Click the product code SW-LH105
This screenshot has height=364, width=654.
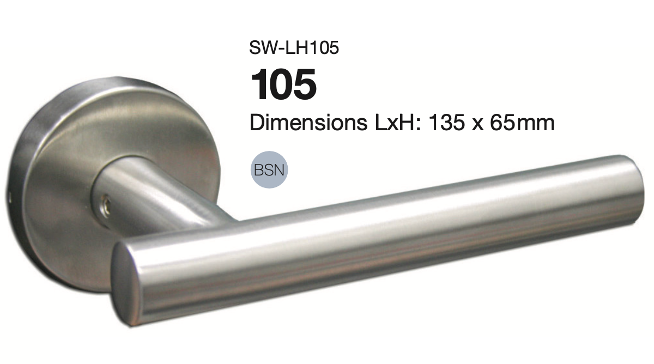coord(294,47)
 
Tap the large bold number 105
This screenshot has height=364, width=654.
coord(283,84)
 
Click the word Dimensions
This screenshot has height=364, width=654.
coord(308,123)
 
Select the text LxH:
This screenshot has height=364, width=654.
coord(397,123)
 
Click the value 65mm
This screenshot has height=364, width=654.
coord(522,123)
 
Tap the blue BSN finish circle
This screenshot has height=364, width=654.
coord(269,169)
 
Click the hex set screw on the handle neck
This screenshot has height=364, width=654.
coord(106,205)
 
